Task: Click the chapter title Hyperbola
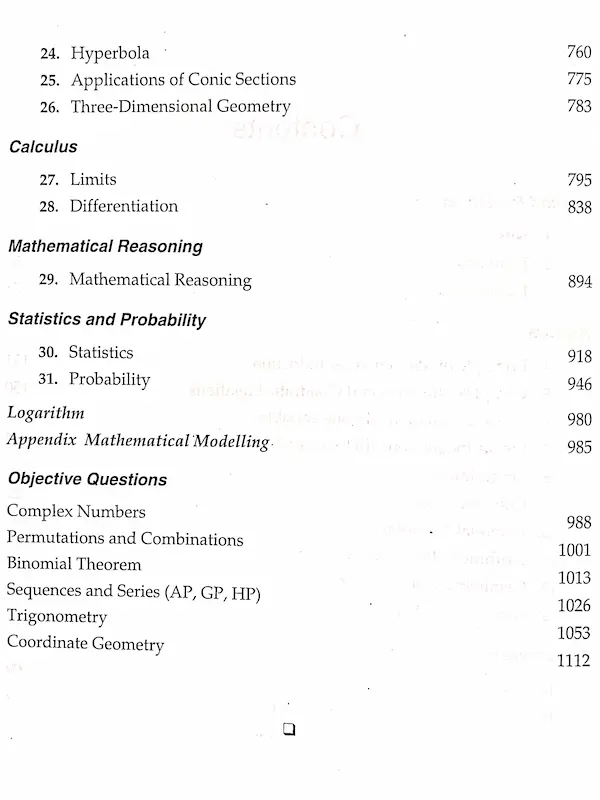pyautogui.click(x=114, y=53)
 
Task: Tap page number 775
pyautogui.click(x=578, y=80)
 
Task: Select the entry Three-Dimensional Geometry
pyautogui.click(x=180, y=106)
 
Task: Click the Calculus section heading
pyautogui.click(x=43, y=147)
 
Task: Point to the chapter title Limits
pyautogui.click(x=93, y=180)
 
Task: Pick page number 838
pyautogui.click(x=578, y=207)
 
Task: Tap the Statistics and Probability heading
pyautogui.click(x=107, y=320)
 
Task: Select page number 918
pyautogui.click(x=578, y=357)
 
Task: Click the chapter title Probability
pyautogui.click(x=110, y=380)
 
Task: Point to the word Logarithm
pyautogui.click(x=46, y=412)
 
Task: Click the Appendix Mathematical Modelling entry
pyautogui.click(x=138, y=440)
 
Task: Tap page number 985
pyautogui.click(x=578, y=447)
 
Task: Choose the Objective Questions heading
pyautogui.click(x=87, y=479)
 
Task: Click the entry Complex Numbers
pyautogui.click(x=76, y=511)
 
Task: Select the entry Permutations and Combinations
pyautogui.click(x=125, y=538)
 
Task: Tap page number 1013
pyautogui.click(x=575, y=577)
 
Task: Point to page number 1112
pyautogui.click(x=572, y=660)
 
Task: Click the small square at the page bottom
pyautogui.click(x=290, y=729)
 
